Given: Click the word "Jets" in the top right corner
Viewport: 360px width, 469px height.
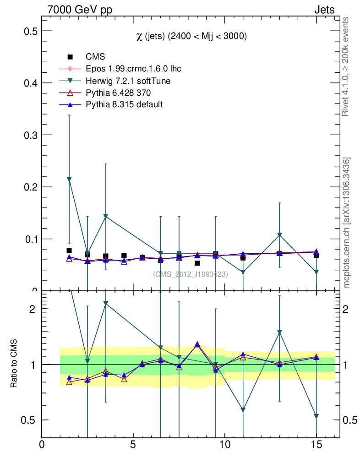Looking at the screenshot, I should click(x=324, y=10).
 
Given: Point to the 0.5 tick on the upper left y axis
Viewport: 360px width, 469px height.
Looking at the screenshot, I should click(x=30, y=31).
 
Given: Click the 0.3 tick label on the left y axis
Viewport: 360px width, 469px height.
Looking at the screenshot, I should click(x=30, y=135).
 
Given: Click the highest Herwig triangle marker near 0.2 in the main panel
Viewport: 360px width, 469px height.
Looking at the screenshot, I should click(x=69, y=179).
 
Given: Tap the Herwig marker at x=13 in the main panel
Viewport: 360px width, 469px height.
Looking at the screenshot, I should click(x=279, y=235).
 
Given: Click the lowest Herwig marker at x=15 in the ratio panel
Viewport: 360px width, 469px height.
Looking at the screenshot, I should click(x=316, y=416).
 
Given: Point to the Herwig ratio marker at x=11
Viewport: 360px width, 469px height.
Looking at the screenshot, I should click(x=243, y=410).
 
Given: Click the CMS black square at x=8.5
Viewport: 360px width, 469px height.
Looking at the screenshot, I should click(x=197, y=263).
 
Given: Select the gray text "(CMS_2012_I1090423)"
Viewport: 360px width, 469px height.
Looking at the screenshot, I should click(x=190, y=274).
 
